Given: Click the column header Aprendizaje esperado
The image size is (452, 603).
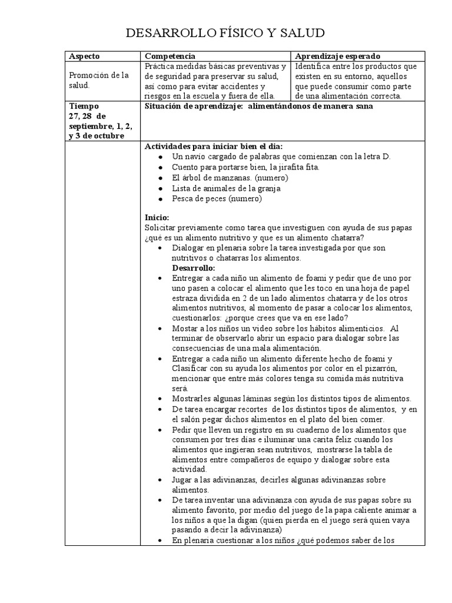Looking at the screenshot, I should tap(337, 56).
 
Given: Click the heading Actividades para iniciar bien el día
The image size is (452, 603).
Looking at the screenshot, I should tap(214, 146).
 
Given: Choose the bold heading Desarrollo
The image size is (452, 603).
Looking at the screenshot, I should tap(194, 268).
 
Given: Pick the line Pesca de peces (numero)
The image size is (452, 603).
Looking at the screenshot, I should tap(217, 199).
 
